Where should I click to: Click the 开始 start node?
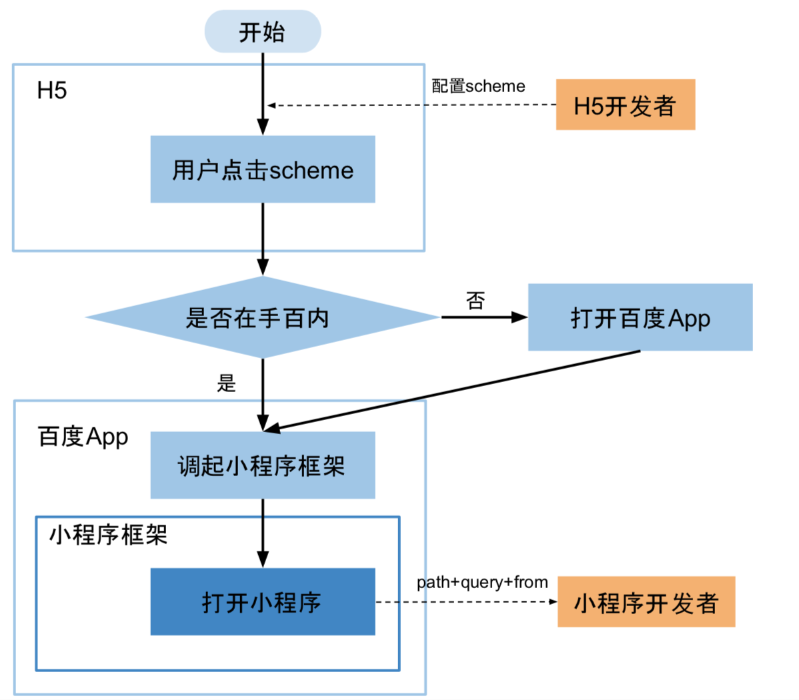(x=262, y=31)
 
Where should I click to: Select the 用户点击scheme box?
(x=262, y=169)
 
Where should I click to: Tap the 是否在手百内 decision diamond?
(x=262, y=317)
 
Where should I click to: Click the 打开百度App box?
(x=640, y=317)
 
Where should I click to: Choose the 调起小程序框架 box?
(x=262, y=465)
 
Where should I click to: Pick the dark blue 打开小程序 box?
(x=262, y=601)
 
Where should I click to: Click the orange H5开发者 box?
(x=625, y=105)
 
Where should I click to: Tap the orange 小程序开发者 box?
(x=646, y=602)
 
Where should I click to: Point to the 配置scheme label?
(x=478, y=86)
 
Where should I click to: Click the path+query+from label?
(x=482, y=582)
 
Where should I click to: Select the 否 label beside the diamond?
(x=475, y=301)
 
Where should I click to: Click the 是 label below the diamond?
(x=226, y=383)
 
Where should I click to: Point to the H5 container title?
(x=52, y=91)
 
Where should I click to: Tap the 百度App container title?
(x=83, y=437)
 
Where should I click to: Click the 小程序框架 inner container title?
(x=108, y=535)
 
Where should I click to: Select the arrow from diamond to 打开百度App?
(x=484, y=317)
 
